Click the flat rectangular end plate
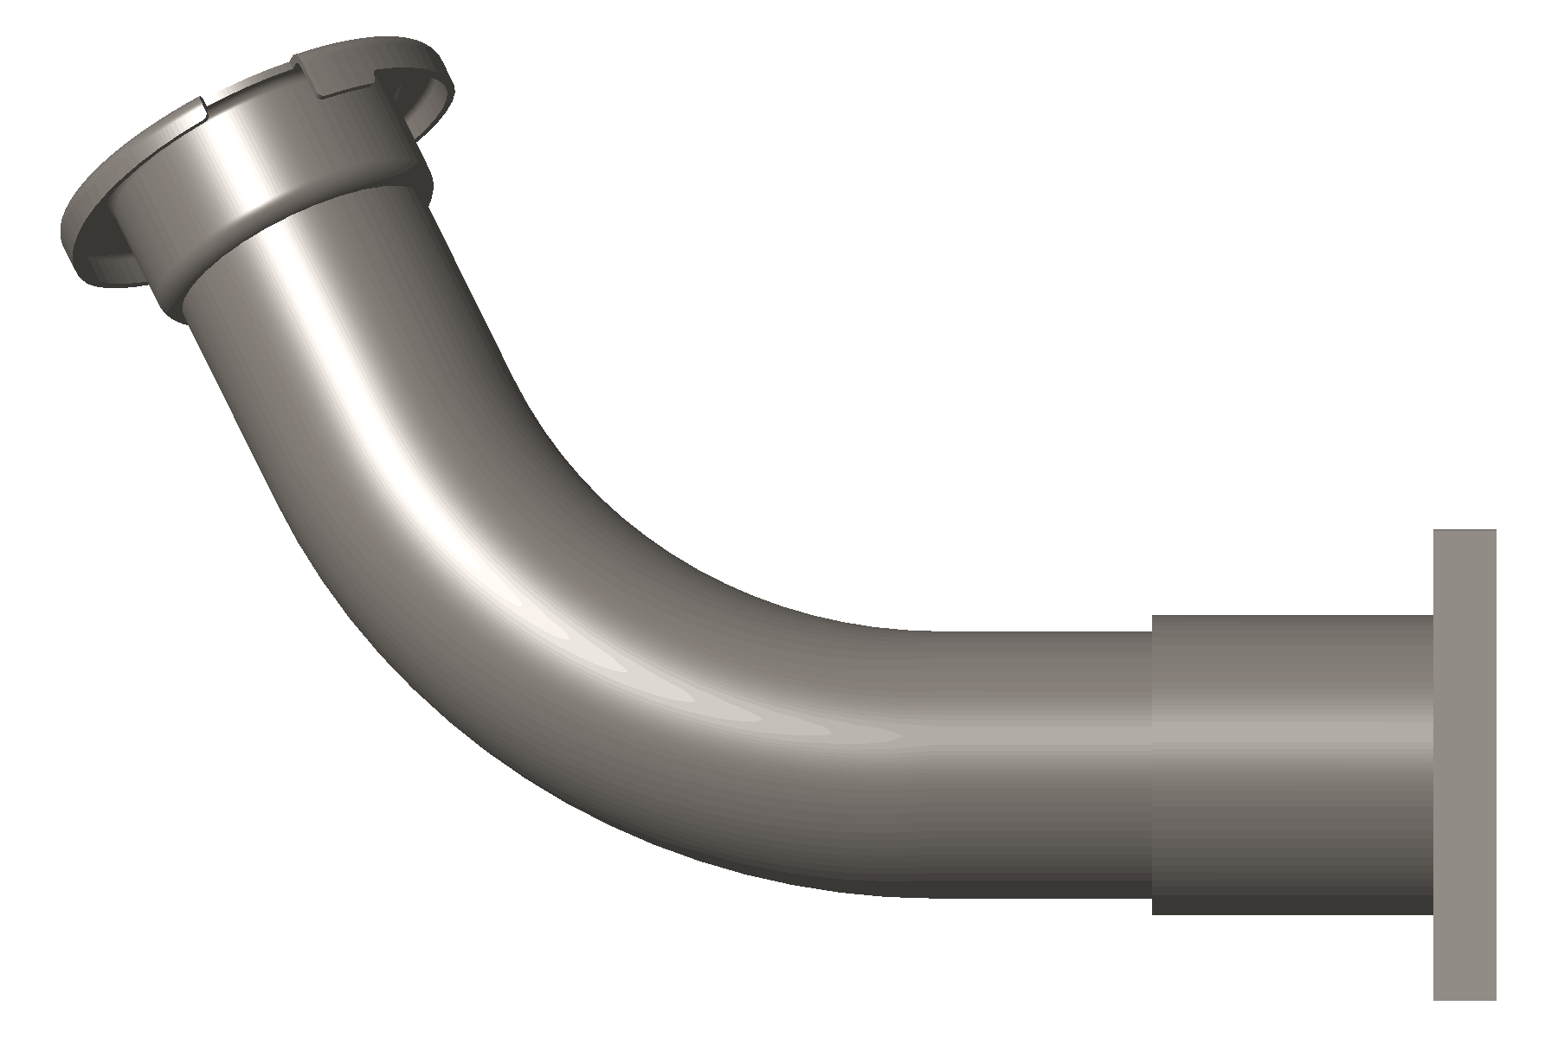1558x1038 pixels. [x=1465, y=761]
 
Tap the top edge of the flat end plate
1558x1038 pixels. [x=1465, y=531]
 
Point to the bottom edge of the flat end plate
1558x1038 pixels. [x=1465, y=999]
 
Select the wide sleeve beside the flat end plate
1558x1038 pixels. [x=1290, y=761]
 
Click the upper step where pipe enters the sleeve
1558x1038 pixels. [x=1152, y=624]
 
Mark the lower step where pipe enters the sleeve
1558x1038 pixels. [x=1152, y=905]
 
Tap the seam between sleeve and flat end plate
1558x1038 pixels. [x=1434, y=761]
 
